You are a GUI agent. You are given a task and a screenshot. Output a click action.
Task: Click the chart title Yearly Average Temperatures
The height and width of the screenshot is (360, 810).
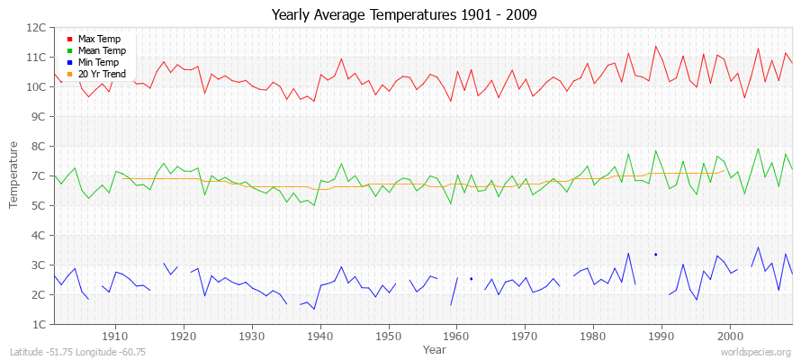(x=404, y=15)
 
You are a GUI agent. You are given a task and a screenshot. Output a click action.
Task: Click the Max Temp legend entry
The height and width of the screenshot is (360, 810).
(x=98, y=39)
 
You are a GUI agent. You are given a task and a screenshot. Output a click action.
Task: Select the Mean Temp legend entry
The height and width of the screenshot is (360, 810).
(x=101, y=50)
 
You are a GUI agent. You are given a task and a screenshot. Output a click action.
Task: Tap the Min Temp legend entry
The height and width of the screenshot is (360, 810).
(x=98, y=62)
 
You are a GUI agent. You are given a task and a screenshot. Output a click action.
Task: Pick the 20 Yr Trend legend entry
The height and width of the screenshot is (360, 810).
(x=101, y=74)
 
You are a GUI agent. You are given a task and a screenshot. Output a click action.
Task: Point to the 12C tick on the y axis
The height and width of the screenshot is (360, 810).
(x=37, y=28)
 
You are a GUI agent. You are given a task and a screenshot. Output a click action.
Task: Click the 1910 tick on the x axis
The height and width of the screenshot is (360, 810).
(x=115, y=335)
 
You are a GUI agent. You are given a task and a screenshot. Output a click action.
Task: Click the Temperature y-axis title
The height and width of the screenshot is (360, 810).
(x=15, y=175)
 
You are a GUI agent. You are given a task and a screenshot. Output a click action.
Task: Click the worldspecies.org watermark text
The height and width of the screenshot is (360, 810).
(x=756, y=352)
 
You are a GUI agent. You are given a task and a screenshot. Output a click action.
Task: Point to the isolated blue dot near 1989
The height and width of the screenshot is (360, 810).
(x=655, y=255)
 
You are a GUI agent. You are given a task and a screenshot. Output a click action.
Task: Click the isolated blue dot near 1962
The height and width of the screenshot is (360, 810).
(x=471, y=279)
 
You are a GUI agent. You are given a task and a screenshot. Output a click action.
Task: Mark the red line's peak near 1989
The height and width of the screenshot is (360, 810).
(x=655, y=46)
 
